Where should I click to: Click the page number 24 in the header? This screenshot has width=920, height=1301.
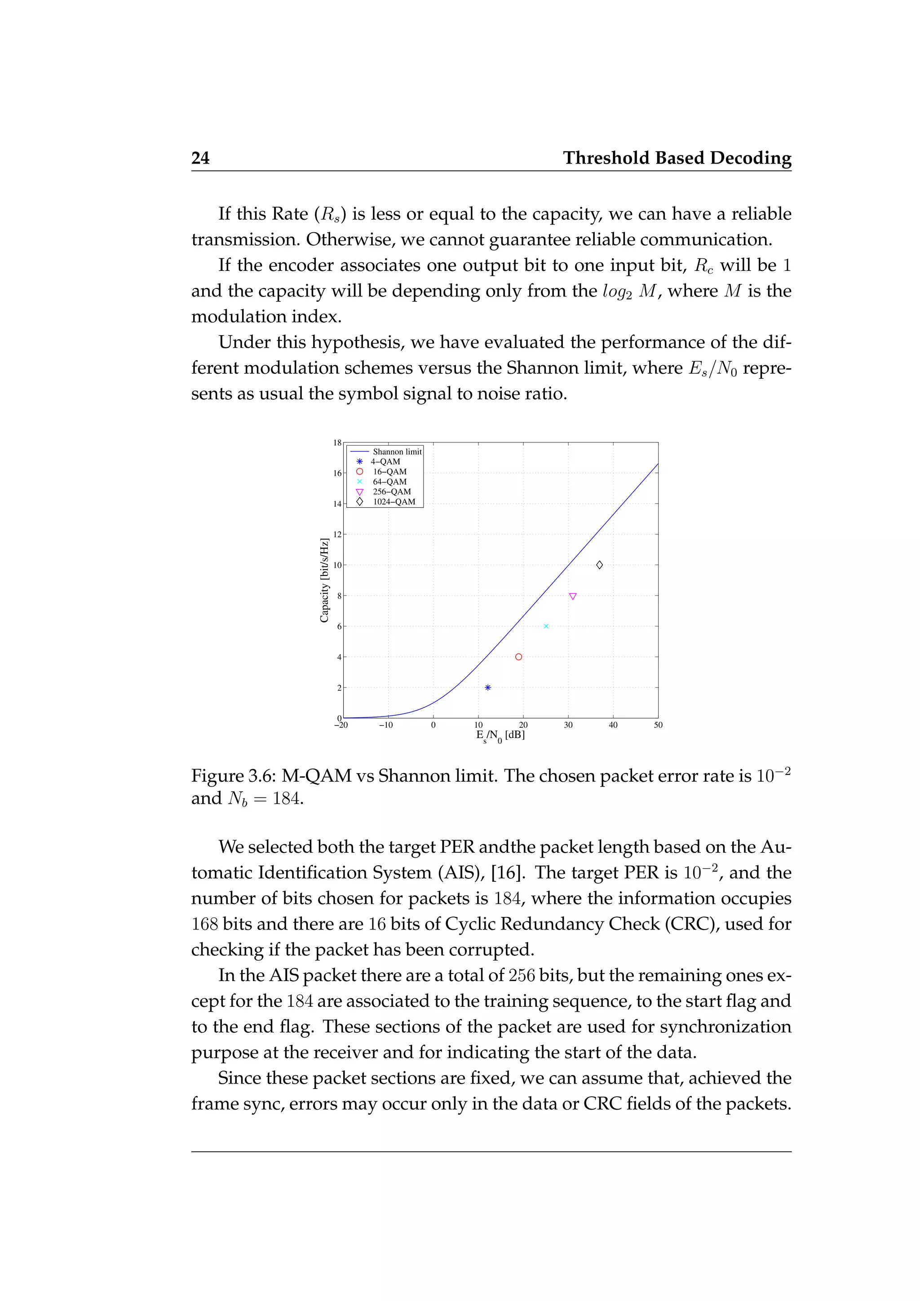[x=200, y=158]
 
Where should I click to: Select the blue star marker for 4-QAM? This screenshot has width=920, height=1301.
[x=488, y=687]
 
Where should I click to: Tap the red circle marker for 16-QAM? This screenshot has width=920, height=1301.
[x=518, y=657]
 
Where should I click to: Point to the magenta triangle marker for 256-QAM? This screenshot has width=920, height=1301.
[x=573, y=596]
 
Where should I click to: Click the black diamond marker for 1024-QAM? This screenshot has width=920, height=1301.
[x=599, y=565]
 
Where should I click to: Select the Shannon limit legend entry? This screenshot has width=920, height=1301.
[x=397, y=451]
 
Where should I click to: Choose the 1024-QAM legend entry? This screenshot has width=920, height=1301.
[x=393, y=501]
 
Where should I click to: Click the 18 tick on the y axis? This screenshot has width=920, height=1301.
[x=337, y=443]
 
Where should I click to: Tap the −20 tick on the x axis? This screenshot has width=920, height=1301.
[x=341, y=725]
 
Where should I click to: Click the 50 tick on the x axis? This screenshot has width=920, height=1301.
[x=658, y=725]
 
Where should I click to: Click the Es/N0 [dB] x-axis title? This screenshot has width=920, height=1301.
[x=500, y=735]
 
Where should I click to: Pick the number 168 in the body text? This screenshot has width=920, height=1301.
[x=204, y=924]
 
